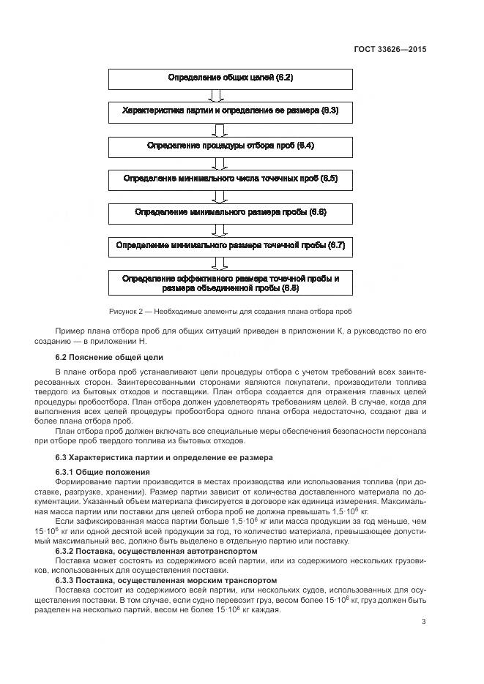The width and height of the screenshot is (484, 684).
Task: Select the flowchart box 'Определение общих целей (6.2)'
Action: coord(231,78)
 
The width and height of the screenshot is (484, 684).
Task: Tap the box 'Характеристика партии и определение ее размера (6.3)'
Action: coord(231,111)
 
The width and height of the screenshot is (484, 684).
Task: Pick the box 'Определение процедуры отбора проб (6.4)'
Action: coord(231,146)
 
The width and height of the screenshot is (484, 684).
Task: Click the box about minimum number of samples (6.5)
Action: coord(231,178)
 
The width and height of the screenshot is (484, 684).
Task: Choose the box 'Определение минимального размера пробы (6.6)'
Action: coord(231,212)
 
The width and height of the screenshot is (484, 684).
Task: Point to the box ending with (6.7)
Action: coord(231,246)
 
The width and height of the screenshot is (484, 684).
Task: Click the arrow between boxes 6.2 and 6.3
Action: coord(215,94)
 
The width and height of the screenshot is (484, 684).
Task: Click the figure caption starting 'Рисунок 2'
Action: coord(231,311)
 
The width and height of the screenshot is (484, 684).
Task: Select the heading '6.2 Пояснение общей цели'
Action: coord(109,357)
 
